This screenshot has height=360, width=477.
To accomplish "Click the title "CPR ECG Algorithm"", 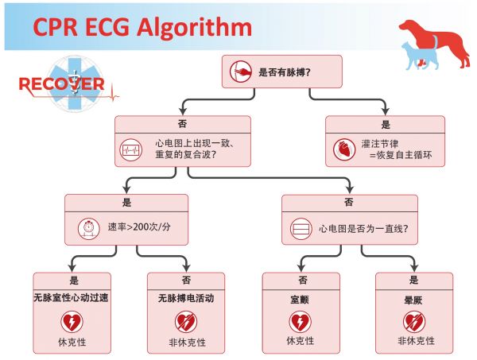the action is coord(142,28).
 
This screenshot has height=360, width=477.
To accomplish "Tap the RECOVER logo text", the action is coord(62,84).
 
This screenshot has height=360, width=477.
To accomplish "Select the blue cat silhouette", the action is coord(420,56).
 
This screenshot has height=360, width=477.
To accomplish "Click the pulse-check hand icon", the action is coord(241,72).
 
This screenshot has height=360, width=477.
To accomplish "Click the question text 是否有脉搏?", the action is coord(285,72).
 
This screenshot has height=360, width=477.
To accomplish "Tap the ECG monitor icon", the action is coord(131,149).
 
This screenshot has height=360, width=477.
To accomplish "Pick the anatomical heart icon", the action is coord(344,149).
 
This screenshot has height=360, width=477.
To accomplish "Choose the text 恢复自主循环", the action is coord(404,155).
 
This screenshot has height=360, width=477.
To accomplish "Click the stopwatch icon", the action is coord(89,228).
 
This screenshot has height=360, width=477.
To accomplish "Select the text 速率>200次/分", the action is coord(139,226).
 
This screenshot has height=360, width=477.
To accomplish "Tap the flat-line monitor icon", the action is coord(301,229).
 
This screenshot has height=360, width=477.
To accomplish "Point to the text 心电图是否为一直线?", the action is coord(363,228).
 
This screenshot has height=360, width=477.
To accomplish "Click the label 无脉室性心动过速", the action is coord(72,298).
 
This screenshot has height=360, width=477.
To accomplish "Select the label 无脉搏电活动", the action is coord(186,298).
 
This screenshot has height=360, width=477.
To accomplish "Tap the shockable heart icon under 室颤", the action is coord(300,322).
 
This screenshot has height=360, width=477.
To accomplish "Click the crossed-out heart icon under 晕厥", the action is coord(414,322).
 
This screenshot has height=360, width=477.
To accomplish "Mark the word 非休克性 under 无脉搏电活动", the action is coord(187,343).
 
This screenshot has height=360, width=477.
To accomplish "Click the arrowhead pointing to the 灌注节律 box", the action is coord(386,111).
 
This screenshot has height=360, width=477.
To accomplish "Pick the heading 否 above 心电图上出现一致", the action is coord(183,124).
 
